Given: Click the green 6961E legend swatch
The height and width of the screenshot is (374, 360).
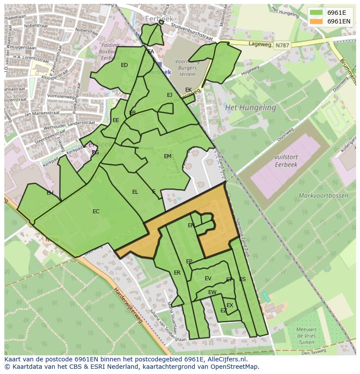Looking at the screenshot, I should [316, 13].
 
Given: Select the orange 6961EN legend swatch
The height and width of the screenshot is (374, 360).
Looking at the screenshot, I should [316, 21].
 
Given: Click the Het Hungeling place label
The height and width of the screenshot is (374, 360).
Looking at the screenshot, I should [250, 107].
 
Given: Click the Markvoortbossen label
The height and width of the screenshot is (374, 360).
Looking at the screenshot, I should [323, 195].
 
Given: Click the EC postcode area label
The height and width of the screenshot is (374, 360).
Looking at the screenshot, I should [96, 212].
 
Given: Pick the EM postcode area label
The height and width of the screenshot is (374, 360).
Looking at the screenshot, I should [167, 156].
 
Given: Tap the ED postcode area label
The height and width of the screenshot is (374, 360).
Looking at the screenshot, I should [124, 65].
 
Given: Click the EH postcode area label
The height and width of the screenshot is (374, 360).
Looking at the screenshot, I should [50, 193].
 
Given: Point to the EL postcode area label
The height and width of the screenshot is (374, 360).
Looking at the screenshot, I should [135, 192].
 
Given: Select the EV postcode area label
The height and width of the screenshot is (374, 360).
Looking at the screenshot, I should [208, 278].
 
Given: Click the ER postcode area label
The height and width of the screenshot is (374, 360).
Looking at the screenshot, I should [177, 273].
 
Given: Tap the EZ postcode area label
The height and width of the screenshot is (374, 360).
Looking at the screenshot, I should [223, 311].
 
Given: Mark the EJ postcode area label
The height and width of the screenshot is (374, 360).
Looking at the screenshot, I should [170, 95].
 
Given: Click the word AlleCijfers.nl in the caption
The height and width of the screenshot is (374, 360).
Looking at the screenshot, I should [226, 359].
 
